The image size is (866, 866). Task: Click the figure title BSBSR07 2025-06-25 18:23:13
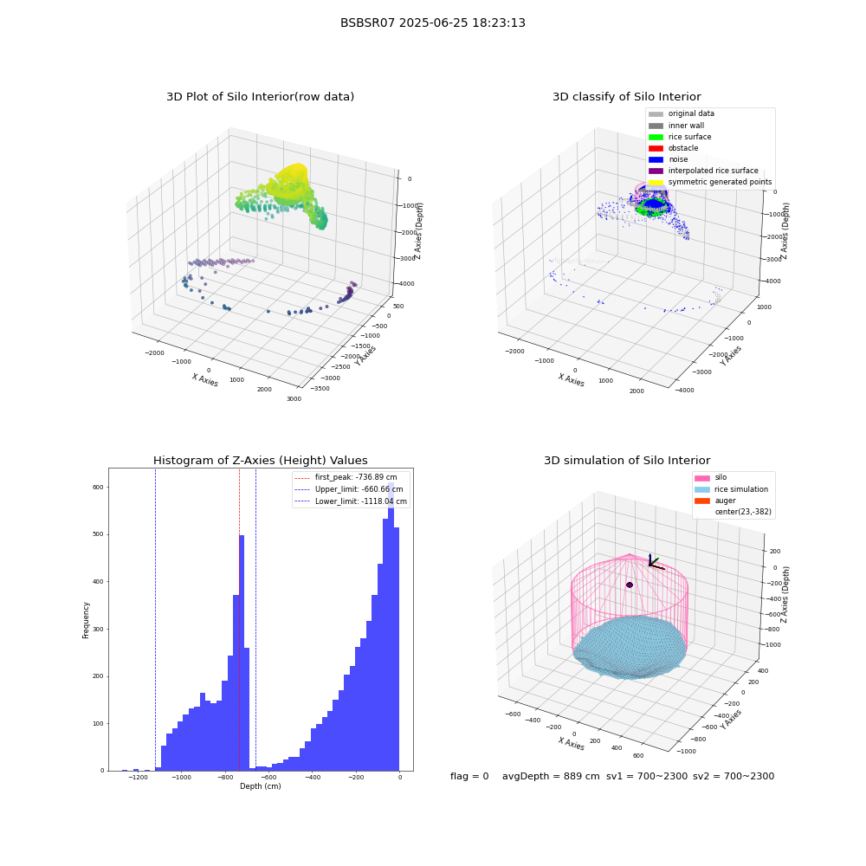432,23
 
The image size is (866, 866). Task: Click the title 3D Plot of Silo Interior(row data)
260,97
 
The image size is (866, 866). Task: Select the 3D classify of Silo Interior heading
627,97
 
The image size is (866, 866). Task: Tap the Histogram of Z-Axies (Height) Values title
260,461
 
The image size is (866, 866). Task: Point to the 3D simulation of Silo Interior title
627,461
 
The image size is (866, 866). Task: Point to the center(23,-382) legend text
743,512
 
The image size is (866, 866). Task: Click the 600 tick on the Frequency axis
98,487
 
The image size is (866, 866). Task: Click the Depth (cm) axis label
260,786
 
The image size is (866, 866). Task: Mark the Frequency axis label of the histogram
86,620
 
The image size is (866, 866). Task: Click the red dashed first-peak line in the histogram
239,620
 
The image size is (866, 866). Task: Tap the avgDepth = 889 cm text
551,776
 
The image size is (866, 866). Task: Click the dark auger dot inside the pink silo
630,585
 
